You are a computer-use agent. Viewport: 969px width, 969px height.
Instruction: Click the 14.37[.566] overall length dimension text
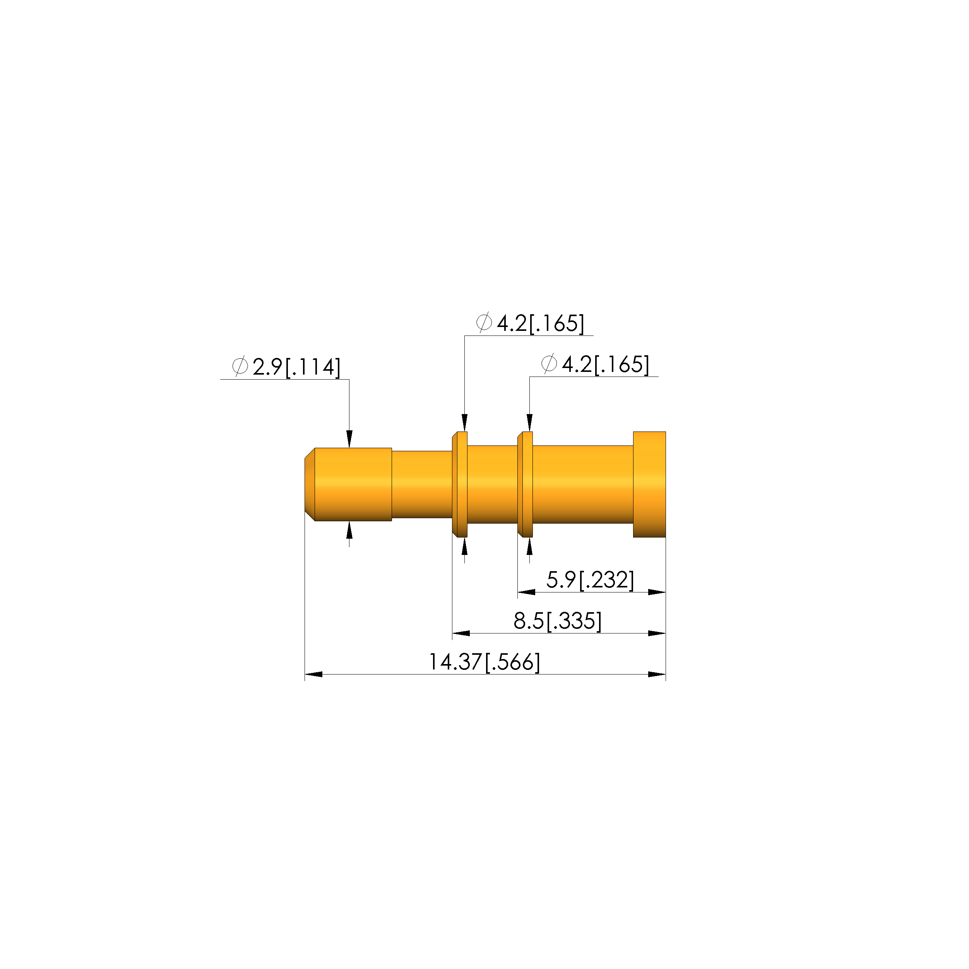tap(484, 662)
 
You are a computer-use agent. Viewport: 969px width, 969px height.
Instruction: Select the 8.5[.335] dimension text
tap(557, 621)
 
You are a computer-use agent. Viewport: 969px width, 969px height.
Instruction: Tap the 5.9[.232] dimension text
tap(590, 580)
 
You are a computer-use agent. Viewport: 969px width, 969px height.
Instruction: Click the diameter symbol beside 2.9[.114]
tap(240, 366)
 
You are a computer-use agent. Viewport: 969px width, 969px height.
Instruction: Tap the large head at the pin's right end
tap(649, 484)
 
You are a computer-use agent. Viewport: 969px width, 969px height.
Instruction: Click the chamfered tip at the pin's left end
tap(310, 484)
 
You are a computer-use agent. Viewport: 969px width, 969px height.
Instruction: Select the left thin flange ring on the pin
tap(460, 484)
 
